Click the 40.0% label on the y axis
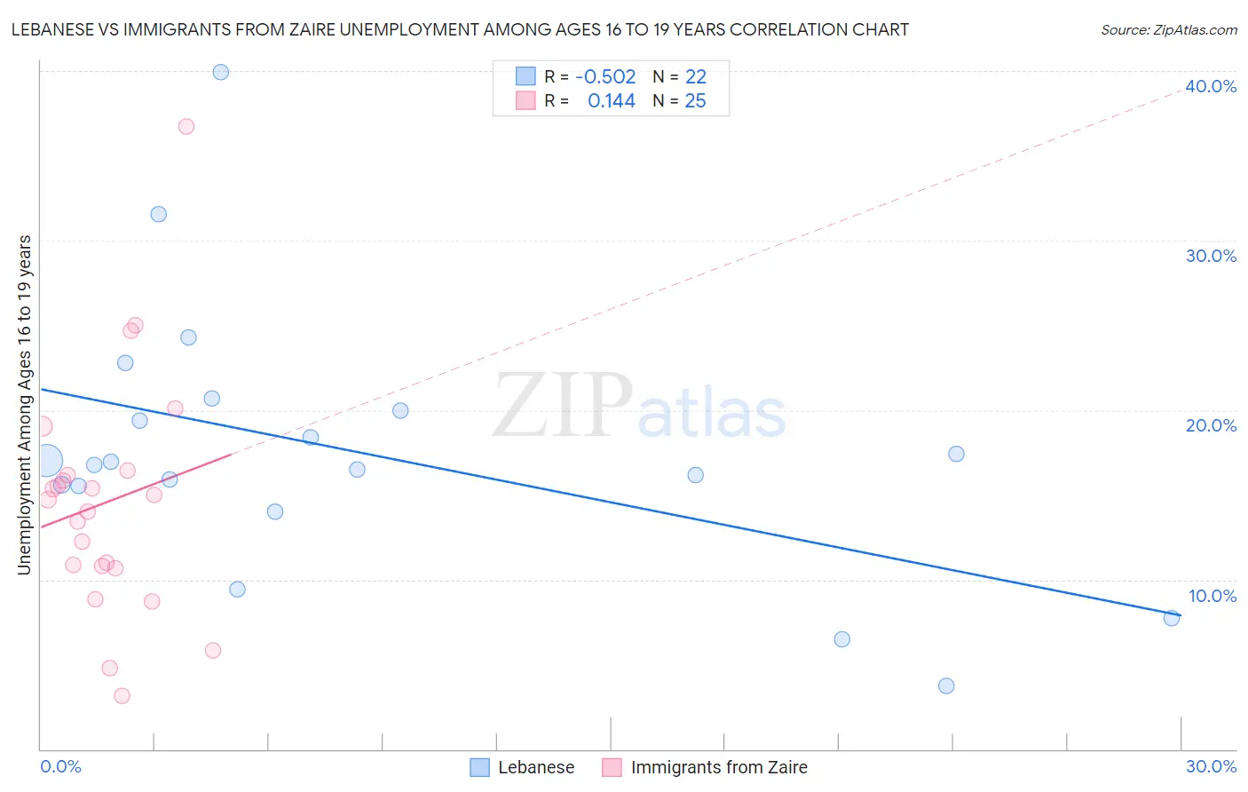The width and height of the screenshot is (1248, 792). click(1211, 86)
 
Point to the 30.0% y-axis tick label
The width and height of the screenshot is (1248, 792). click(1211, 256)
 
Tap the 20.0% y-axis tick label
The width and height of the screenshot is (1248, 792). click(1211, 425)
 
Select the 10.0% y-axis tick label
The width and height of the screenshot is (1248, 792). click(1212, 596)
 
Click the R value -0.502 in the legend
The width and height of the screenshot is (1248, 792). click(605, 77)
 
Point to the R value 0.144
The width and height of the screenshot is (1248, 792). click(611, 101)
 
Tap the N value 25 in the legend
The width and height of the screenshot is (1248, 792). click(695, 101)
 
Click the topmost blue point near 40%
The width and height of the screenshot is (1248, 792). click(221, 72)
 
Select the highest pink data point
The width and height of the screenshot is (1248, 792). click(186, 126)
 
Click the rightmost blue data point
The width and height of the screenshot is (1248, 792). click(1172, 618)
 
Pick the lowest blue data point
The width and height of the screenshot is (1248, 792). click(946, 685)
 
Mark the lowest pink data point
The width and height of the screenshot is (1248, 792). click(122, 696)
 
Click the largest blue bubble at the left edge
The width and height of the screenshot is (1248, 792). click(46, 461)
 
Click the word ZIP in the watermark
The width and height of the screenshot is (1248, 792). click(563, 406)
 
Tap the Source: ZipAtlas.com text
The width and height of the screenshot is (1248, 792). click(1168, 30)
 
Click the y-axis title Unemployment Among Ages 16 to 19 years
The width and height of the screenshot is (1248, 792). click(25, 405)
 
